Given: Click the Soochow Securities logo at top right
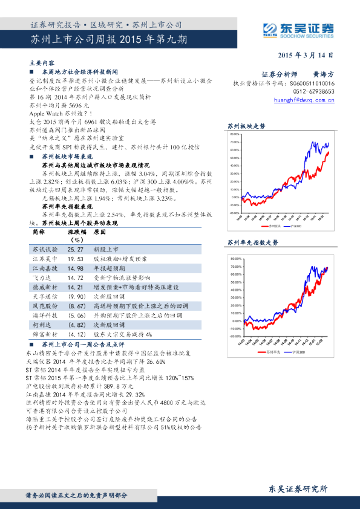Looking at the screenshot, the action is pyautogui.click(x=299, y=28).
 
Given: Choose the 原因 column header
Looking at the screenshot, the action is pyautogui.click(x=100, y=232).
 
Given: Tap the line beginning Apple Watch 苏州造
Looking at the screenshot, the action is pyautogui.click(x=60, y=113).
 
